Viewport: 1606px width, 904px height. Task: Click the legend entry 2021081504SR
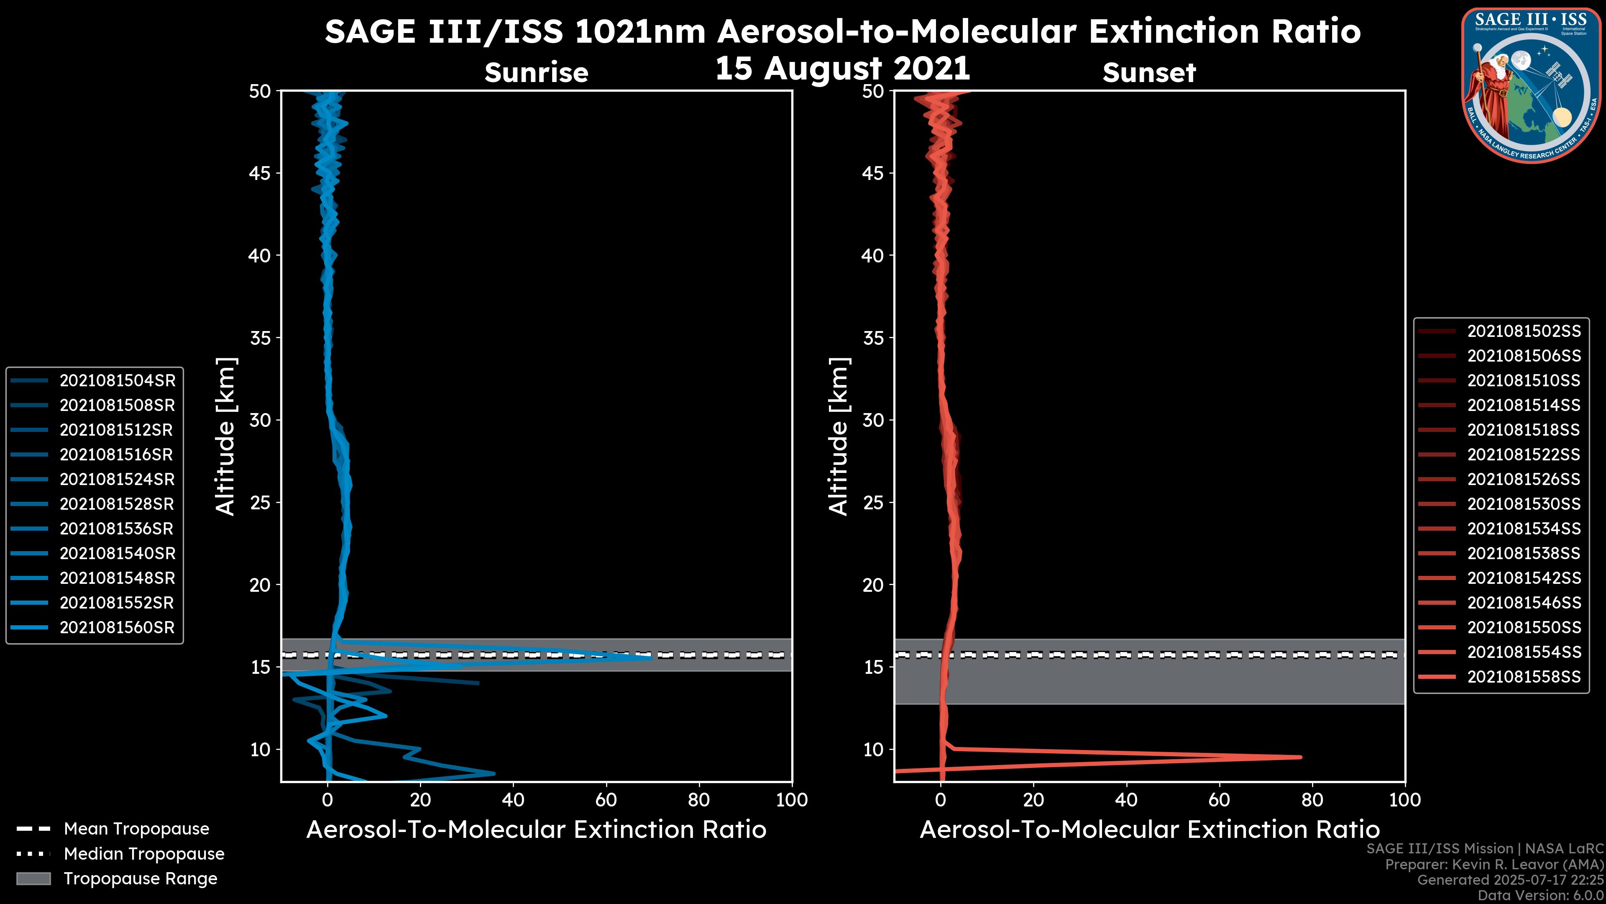coord(117,380)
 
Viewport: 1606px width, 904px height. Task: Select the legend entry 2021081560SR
coord(117,628)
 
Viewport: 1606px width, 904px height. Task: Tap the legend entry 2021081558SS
coord(1523,677)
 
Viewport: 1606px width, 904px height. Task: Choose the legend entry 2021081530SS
coord(1523,504)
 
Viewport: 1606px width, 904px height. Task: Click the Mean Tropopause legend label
coord(136,829)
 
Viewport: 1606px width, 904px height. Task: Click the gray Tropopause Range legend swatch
coord(33,879)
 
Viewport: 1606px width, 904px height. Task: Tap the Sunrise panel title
coord(536,73)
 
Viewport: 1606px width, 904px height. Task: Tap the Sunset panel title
coord(1149,73)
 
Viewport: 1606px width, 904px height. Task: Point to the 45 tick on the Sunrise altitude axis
coord(260,173)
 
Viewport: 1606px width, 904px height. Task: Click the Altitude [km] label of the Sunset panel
coord(839,437)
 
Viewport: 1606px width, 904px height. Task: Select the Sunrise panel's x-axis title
coord(536,830)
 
